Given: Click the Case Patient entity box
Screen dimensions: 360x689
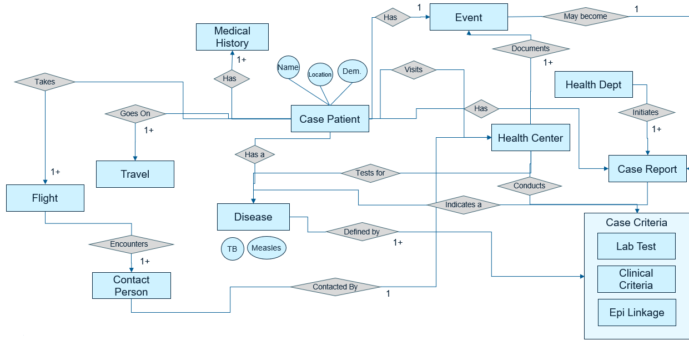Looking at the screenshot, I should click(x=330, y=119).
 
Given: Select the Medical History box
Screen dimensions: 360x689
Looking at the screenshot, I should click(x=232, y=37).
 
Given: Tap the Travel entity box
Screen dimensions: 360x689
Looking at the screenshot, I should click(x=135, y=174).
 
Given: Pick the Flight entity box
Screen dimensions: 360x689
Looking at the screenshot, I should click(x=45, y=198).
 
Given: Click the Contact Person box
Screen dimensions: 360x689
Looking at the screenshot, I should click(x=131, y=286).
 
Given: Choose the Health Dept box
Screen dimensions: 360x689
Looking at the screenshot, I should click(x=594, y=85).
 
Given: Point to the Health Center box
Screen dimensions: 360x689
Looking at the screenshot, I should click(x=530, y=138).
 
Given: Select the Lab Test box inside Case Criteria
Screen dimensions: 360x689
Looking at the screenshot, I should click(x=636, y=247).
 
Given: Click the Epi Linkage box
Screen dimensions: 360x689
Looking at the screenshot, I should click(x=636, y=313).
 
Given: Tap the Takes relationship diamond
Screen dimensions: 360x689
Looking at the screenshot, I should click(x=45, y=82).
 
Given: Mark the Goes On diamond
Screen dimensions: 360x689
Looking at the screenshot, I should click(x=135, y=114).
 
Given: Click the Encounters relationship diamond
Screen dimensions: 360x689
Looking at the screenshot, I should click(x=131, y=244).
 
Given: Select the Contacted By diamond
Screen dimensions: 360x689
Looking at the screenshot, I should click(x=335, y=287).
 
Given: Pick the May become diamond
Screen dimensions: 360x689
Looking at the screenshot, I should click(x=585, y=17).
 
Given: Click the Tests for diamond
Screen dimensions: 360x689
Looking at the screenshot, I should click(x=370, y=173).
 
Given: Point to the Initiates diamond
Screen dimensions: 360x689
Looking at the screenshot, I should click(x=646, y=113).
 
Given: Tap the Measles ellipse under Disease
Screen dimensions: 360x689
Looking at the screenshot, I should click(x=266, y=248).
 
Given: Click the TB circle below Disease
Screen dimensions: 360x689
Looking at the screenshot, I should click(x=232, y=249).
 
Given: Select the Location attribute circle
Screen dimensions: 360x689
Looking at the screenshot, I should click(x=320, y=74).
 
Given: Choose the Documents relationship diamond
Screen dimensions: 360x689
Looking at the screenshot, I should click(x=531, y=49).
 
